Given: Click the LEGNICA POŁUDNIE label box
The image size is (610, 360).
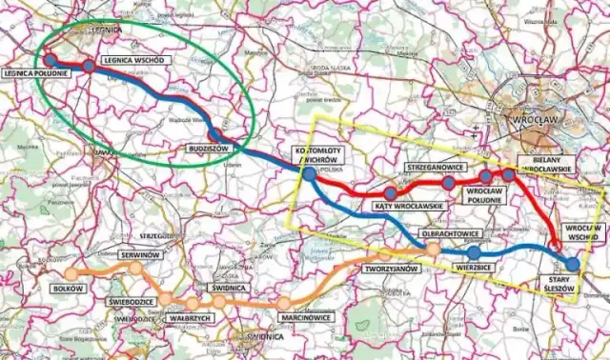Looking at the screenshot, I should pyautogui.click(x=34, y=73).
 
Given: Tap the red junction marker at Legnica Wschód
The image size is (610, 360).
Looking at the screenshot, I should pyautogui.click(x=89, y=66).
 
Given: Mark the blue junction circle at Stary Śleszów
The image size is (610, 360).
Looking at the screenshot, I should pyautogui.click(x=572, y=264).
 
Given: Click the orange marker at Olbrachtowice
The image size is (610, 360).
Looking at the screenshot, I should pyautogui.click(x=434, y=249).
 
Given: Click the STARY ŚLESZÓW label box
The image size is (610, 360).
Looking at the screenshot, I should pyautogui.click(x=570, y=290).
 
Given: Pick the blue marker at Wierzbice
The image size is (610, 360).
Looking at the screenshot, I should pyautogui.click(x=474, y=253).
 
